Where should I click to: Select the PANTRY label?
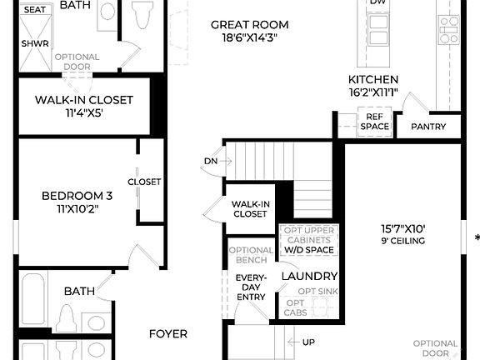pyautogui.click(x=428, y=127)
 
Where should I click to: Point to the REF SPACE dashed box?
pyautogui.click(x=374, y=122)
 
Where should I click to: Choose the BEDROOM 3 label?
pyautogui.click(x=72, y=197)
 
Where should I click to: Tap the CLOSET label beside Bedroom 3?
pyautogui.click(x=144, y=182)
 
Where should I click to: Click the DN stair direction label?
pyautogui.click(x=210, y=161)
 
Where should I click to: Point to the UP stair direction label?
pyautogui.click(x=308, y=342)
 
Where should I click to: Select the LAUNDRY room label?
pyautogui.click(x=309, y=277)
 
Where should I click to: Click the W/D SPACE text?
pyautogui.click(x=308, y=250)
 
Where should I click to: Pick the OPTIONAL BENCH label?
pyautogui.click(x=251, y=254)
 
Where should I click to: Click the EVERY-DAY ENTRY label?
pyautogui.click(x=251, y=287)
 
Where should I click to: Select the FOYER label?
pyautogui.click(x=168, y=333)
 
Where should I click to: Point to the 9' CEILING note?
pyautogui.click(x=402, y=241)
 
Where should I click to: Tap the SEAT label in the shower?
pyautogui.click(x=35, y=10)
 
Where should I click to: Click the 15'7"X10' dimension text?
pyautogui.click(x=402, y=227)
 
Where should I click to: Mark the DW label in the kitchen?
pyautogui.click(x=377, y=2)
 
